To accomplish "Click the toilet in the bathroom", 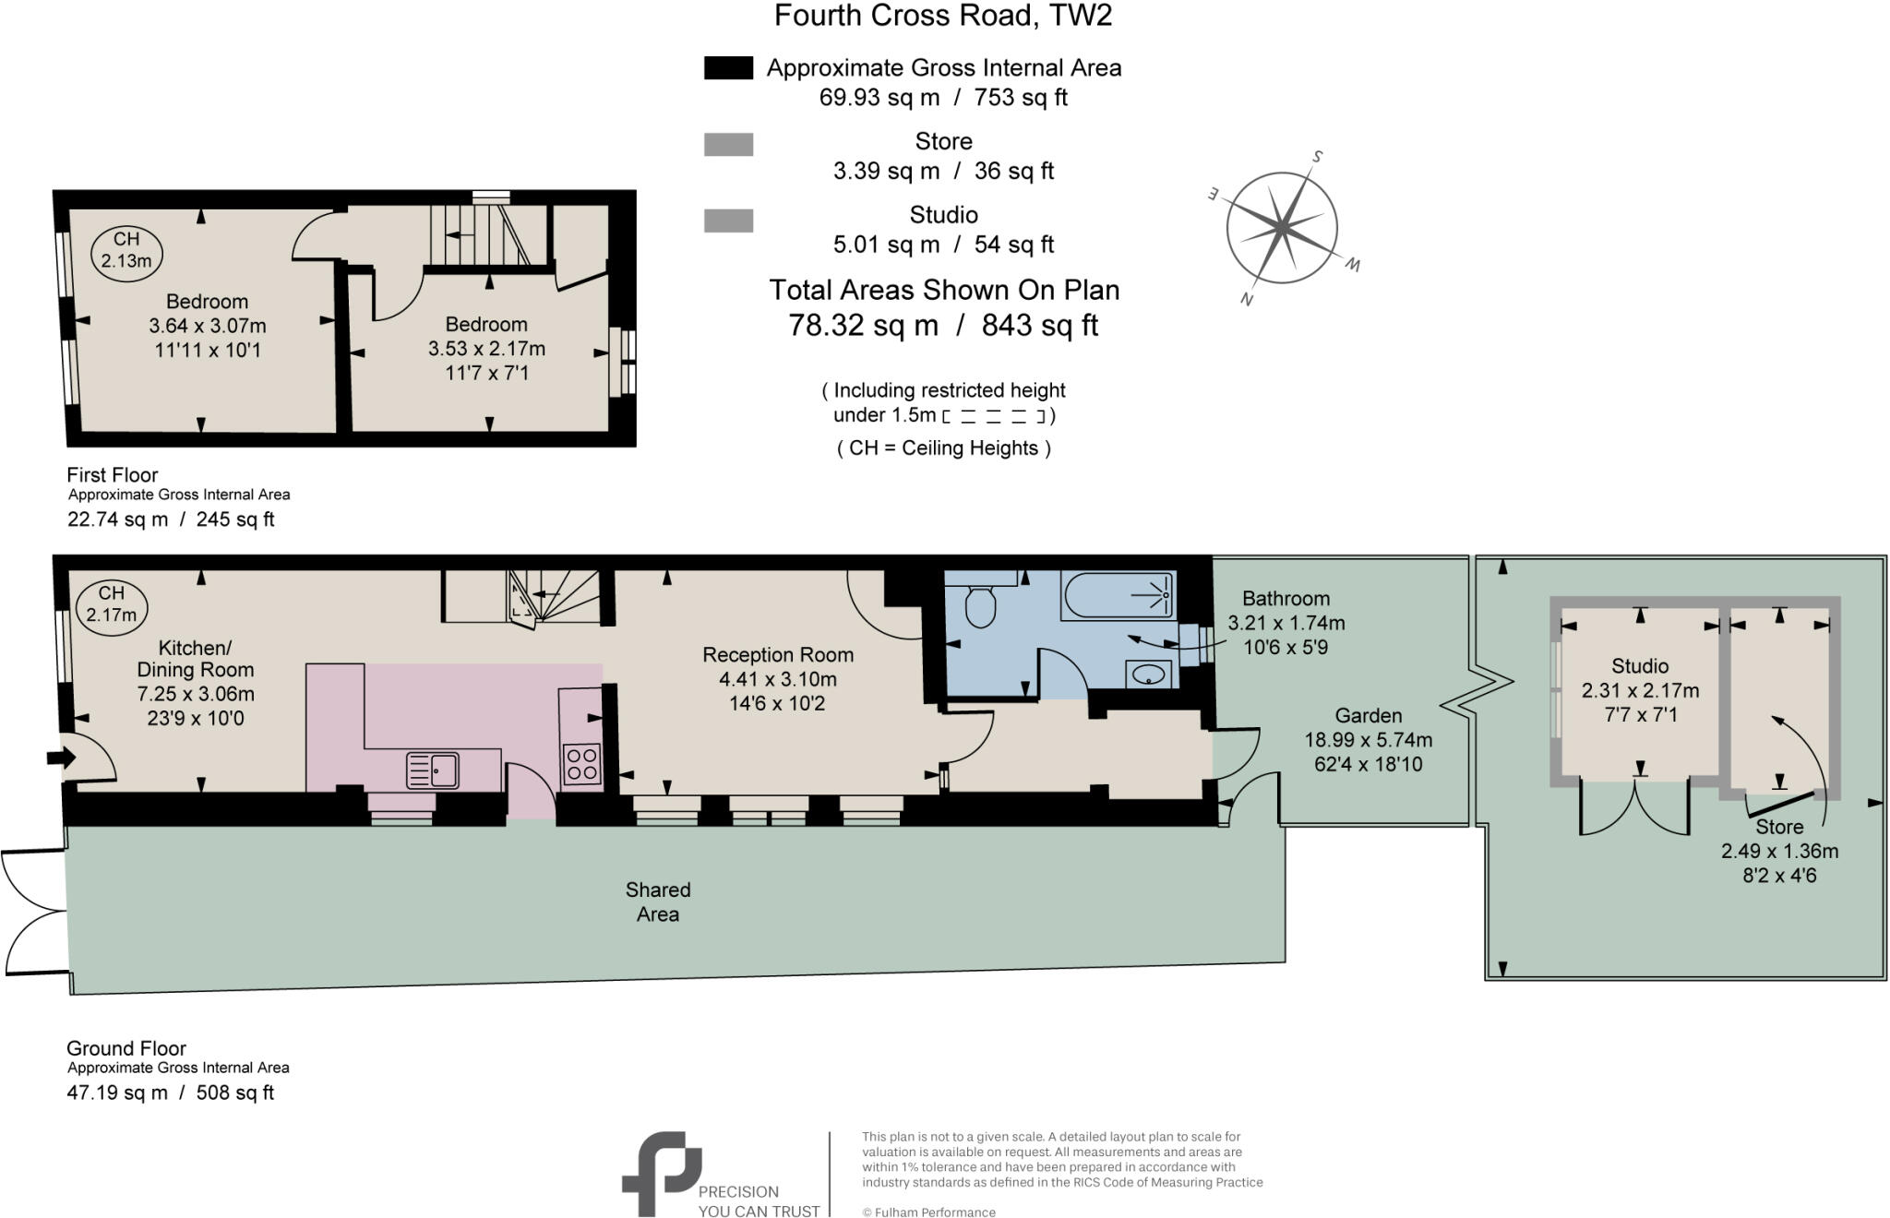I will [980, 605].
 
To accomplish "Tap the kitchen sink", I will [433, 770].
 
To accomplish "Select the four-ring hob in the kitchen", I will [581, 764].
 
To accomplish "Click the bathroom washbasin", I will [1149, 675].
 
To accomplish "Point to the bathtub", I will [1118, 595].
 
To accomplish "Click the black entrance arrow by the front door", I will [61, 758].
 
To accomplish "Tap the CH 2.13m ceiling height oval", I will [126, 250].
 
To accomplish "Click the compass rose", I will [1282, 227].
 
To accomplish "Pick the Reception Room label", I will [777, 655].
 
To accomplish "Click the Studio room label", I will [1639, 666].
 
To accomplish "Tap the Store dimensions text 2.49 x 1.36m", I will [1778, 852].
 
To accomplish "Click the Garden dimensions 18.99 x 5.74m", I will [1368, 740].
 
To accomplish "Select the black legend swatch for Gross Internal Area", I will [728, 68].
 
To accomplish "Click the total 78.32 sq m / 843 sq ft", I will [943, 326].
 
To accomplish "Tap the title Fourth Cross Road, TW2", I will [943, 16].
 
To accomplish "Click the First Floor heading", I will [113, 475].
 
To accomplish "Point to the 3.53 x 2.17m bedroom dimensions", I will [486, 349].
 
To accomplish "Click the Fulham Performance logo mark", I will [661, 1172].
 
